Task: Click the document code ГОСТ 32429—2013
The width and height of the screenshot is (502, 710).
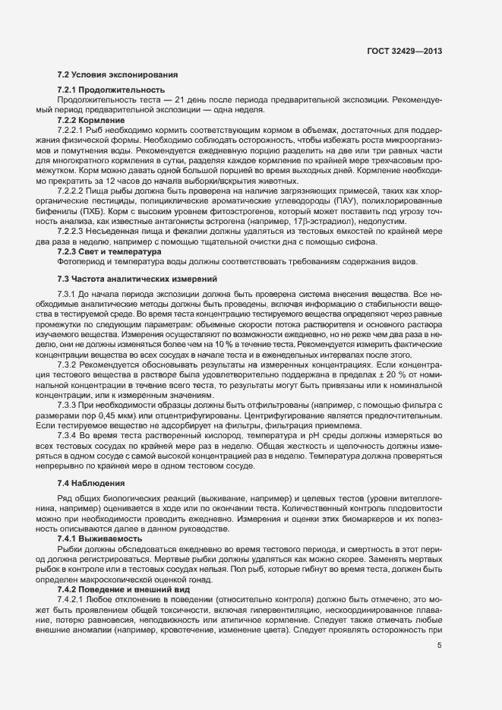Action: tap(404, 51)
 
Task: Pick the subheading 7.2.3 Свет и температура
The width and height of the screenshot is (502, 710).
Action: tap(109, 229)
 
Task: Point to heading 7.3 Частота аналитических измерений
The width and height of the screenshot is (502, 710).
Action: tap(137, 258)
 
